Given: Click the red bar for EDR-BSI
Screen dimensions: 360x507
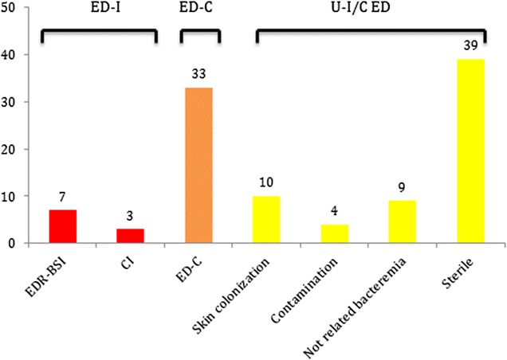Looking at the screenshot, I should (x=62, y=226).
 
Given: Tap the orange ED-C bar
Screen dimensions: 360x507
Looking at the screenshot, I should (x=198, y=165).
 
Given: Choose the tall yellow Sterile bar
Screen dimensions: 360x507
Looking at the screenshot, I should (x=471, y=151).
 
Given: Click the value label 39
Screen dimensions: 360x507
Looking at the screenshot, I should (x=471, y=46).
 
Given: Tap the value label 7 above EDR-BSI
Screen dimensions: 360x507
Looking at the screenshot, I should (x=62, y=197).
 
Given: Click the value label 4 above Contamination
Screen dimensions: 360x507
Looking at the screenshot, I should (x=335, y=211).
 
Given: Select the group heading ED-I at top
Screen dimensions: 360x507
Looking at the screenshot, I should (x=99, y=11).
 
